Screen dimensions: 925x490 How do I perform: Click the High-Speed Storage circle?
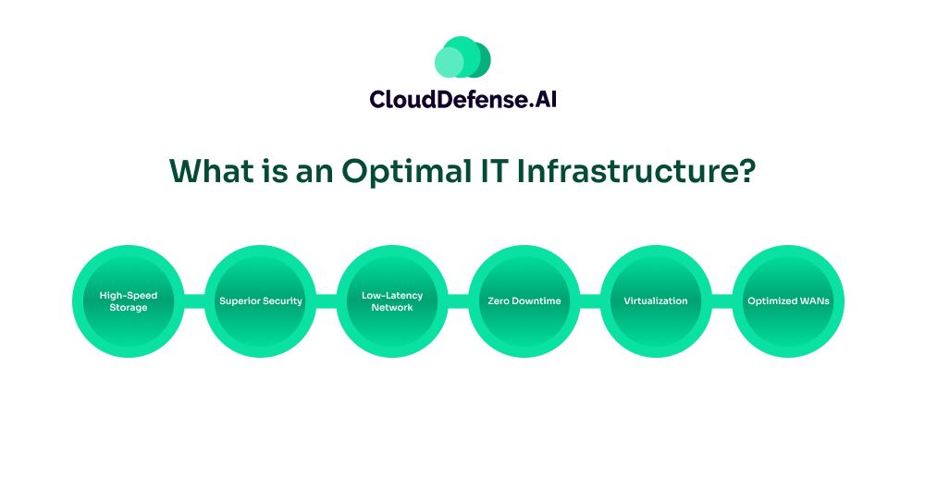click(129, 301)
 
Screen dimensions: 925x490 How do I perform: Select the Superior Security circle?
click(260, 301)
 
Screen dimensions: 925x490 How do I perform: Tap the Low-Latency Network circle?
click(392, 301)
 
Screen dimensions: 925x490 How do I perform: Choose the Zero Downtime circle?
click(524, 301)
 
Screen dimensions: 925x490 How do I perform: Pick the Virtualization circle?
click(656, 301)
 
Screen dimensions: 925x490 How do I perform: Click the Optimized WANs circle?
click(788, 301)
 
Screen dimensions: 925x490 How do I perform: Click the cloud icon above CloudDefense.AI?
click(462, 57)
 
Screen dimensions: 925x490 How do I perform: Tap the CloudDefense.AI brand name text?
click(463, 99)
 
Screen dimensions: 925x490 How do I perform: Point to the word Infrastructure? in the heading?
click(636, 171)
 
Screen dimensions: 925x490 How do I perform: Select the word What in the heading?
click(212, 171)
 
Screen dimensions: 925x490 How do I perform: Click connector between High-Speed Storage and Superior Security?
click(194, 301)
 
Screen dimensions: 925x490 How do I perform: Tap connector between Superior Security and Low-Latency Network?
click(327, 301)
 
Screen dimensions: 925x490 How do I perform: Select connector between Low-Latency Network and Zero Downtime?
click(459, 301)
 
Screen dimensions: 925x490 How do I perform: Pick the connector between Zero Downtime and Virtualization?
click(590, 301)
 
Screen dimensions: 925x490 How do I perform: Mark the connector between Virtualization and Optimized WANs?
click(722, 301)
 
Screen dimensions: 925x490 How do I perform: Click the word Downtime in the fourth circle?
click(536, 300)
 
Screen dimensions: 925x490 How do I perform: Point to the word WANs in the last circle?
click(814, 300)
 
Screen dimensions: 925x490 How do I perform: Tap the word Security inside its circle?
click(282, 301)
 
